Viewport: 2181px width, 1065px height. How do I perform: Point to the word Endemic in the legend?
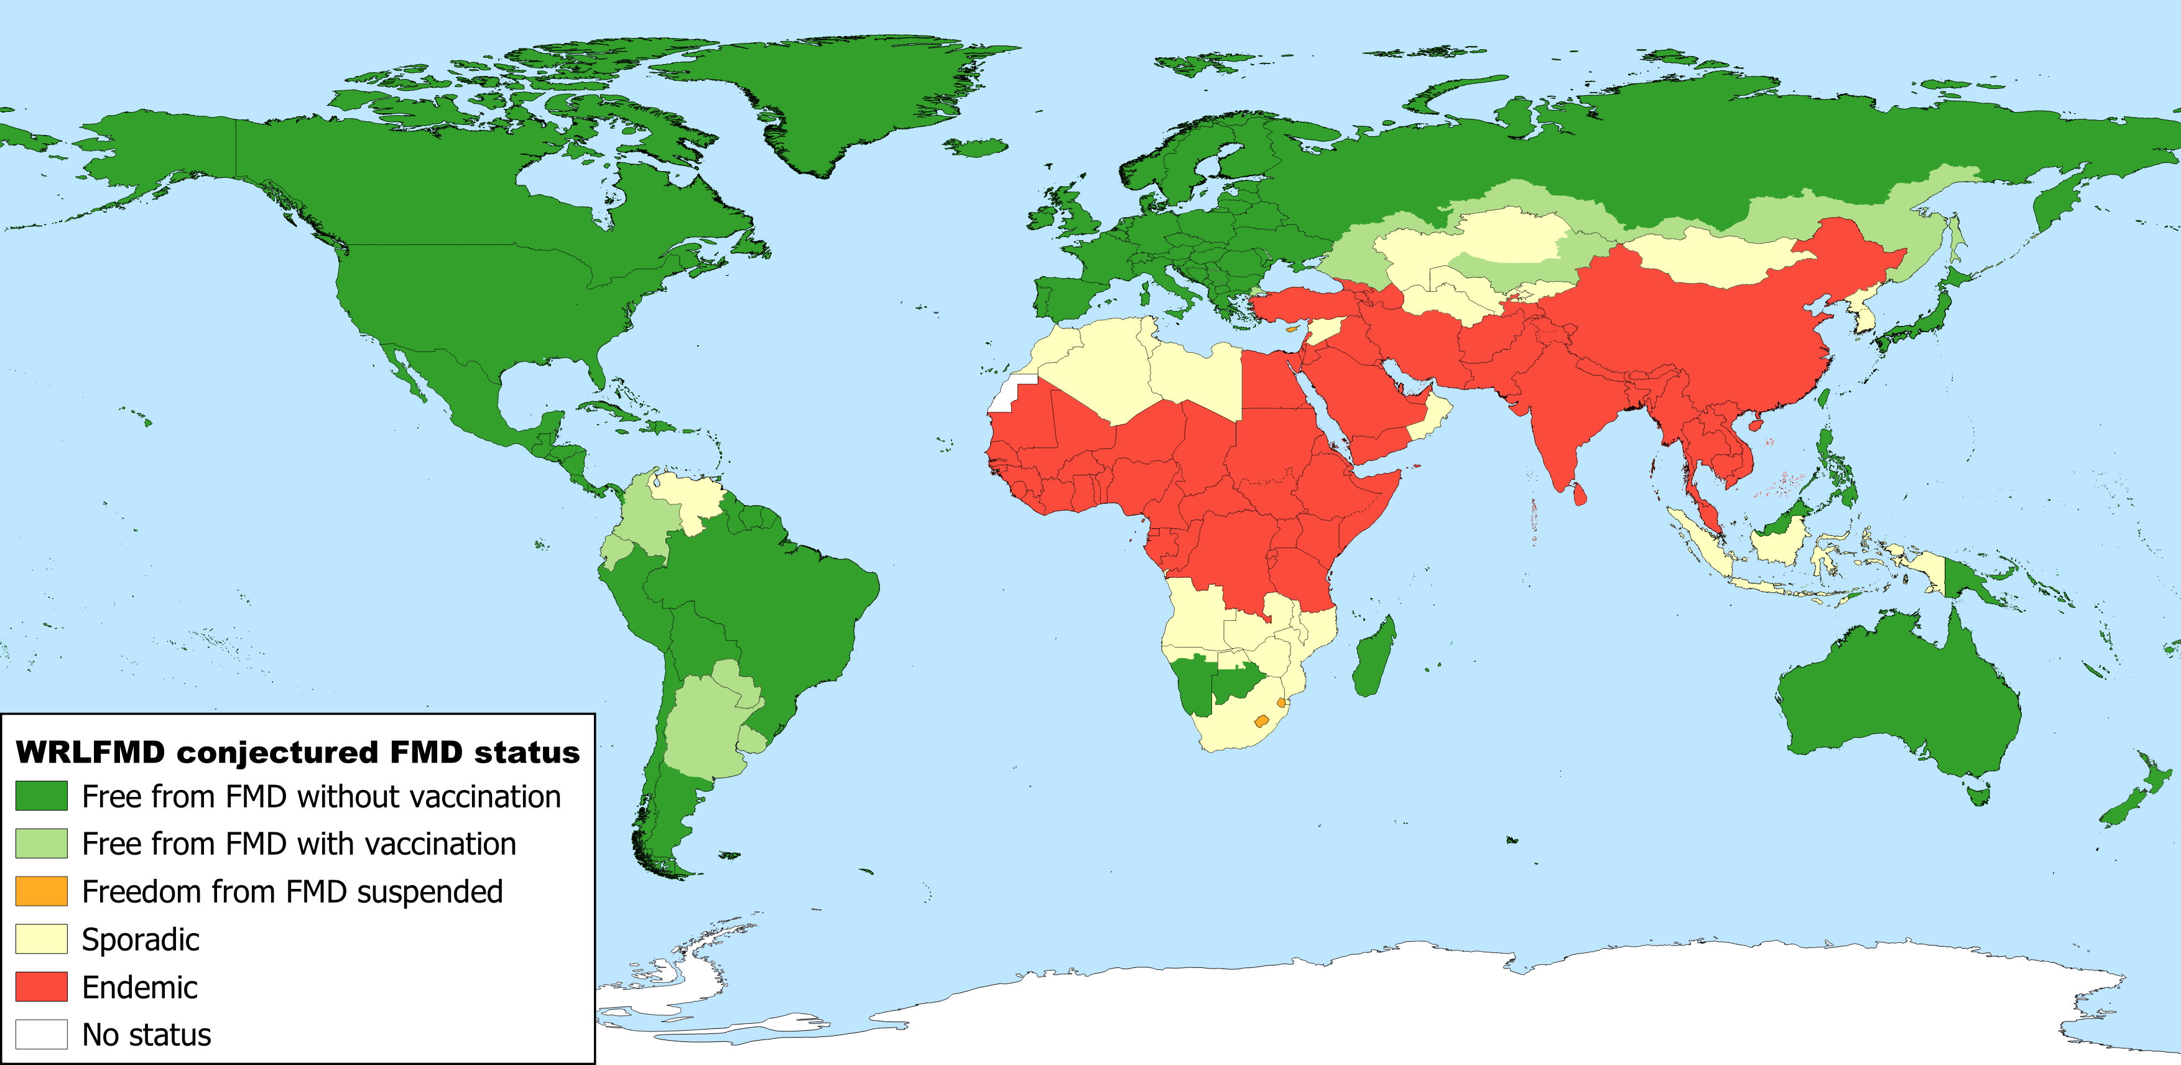tap(140, 988)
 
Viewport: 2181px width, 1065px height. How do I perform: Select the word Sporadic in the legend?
tap(141, 940)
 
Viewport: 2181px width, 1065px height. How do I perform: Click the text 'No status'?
tap(147, 1035)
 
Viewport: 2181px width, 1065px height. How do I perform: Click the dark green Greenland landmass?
tap(846, 93)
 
